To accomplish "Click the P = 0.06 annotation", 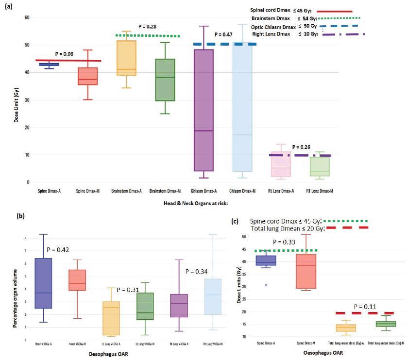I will (x=64, y=54).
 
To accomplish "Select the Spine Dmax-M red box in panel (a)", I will (x=89, y=76).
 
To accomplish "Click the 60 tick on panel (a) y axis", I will (x=27, y=17).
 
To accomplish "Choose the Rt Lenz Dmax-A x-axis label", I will (x=279, y=192).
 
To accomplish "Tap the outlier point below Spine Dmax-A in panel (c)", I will (x=266, y=285).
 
